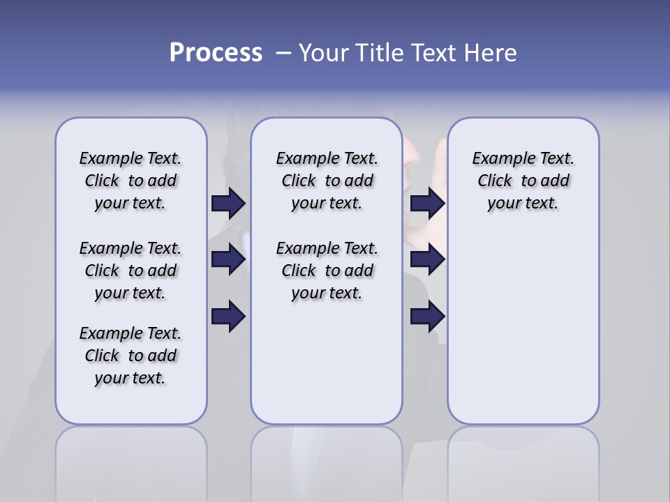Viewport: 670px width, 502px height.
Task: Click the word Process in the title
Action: (x=216, y=53)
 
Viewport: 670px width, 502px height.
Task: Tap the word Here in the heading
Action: (x=490, y=53)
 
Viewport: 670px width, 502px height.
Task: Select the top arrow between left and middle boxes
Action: (x=228, y=204)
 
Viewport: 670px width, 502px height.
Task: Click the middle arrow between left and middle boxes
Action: (x=228, y=259)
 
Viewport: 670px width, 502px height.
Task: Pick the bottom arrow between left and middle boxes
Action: (x=228, y=317)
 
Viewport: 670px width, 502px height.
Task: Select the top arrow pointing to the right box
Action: (x=427, y=204)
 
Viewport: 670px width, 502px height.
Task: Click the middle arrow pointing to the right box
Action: (x=427, y=259)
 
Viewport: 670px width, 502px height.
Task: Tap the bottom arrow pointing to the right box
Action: (x=427, y=317)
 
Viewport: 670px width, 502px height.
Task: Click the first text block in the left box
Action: (x=131, y=181)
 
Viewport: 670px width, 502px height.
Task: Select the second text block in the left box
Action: (x=131, y=271)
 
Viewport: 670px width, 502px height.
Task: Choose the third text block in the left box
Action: (x=131, y=356)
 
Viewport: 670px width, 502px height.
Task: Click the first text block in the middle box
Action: (x=327, y=181)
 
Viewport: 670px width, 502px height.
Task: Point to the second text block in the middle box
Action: (x=327, y=271)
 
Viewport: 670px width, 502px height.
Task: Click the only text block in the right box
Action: (x=523, y=181)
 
